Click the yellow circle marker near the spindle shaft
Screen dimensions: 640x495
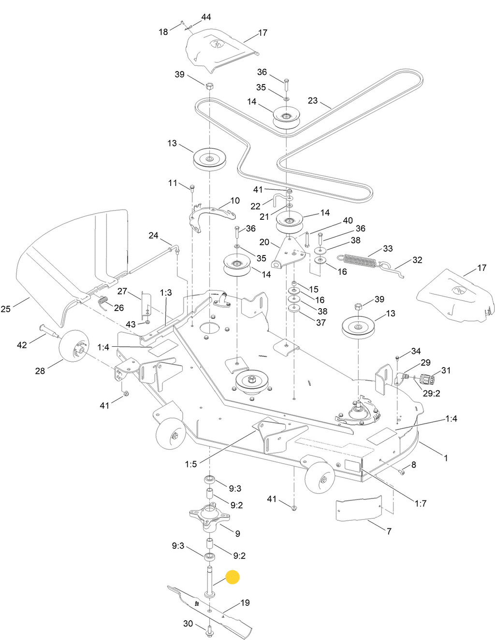[233, 577]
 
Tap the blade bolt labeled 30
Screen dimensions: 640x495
[210, 630]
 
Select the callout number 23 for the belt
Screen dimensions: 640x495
[313, 100]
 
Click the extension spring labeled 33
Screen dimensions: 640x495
[358, 261]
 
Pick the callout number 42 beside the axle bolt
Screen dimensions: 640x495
[22, 345]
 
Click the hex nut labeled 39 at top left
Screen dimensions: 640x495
[209, 86]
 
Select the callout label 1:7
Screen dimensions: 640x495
[421, 503]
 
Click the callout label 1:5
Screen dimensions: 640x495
[191, 464]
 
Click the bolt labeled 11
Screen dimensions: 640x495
[192, 187]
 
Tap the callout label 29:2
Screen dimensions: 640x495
[431, 393]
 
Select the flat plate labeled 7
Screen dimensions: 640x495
[359, 508]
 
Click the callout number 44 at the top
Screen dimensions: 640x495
[206, 17]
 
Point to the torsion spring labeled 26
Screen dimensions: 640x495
[103, 303]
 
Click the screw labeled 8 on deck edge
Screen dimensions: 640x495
[401, 471]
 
